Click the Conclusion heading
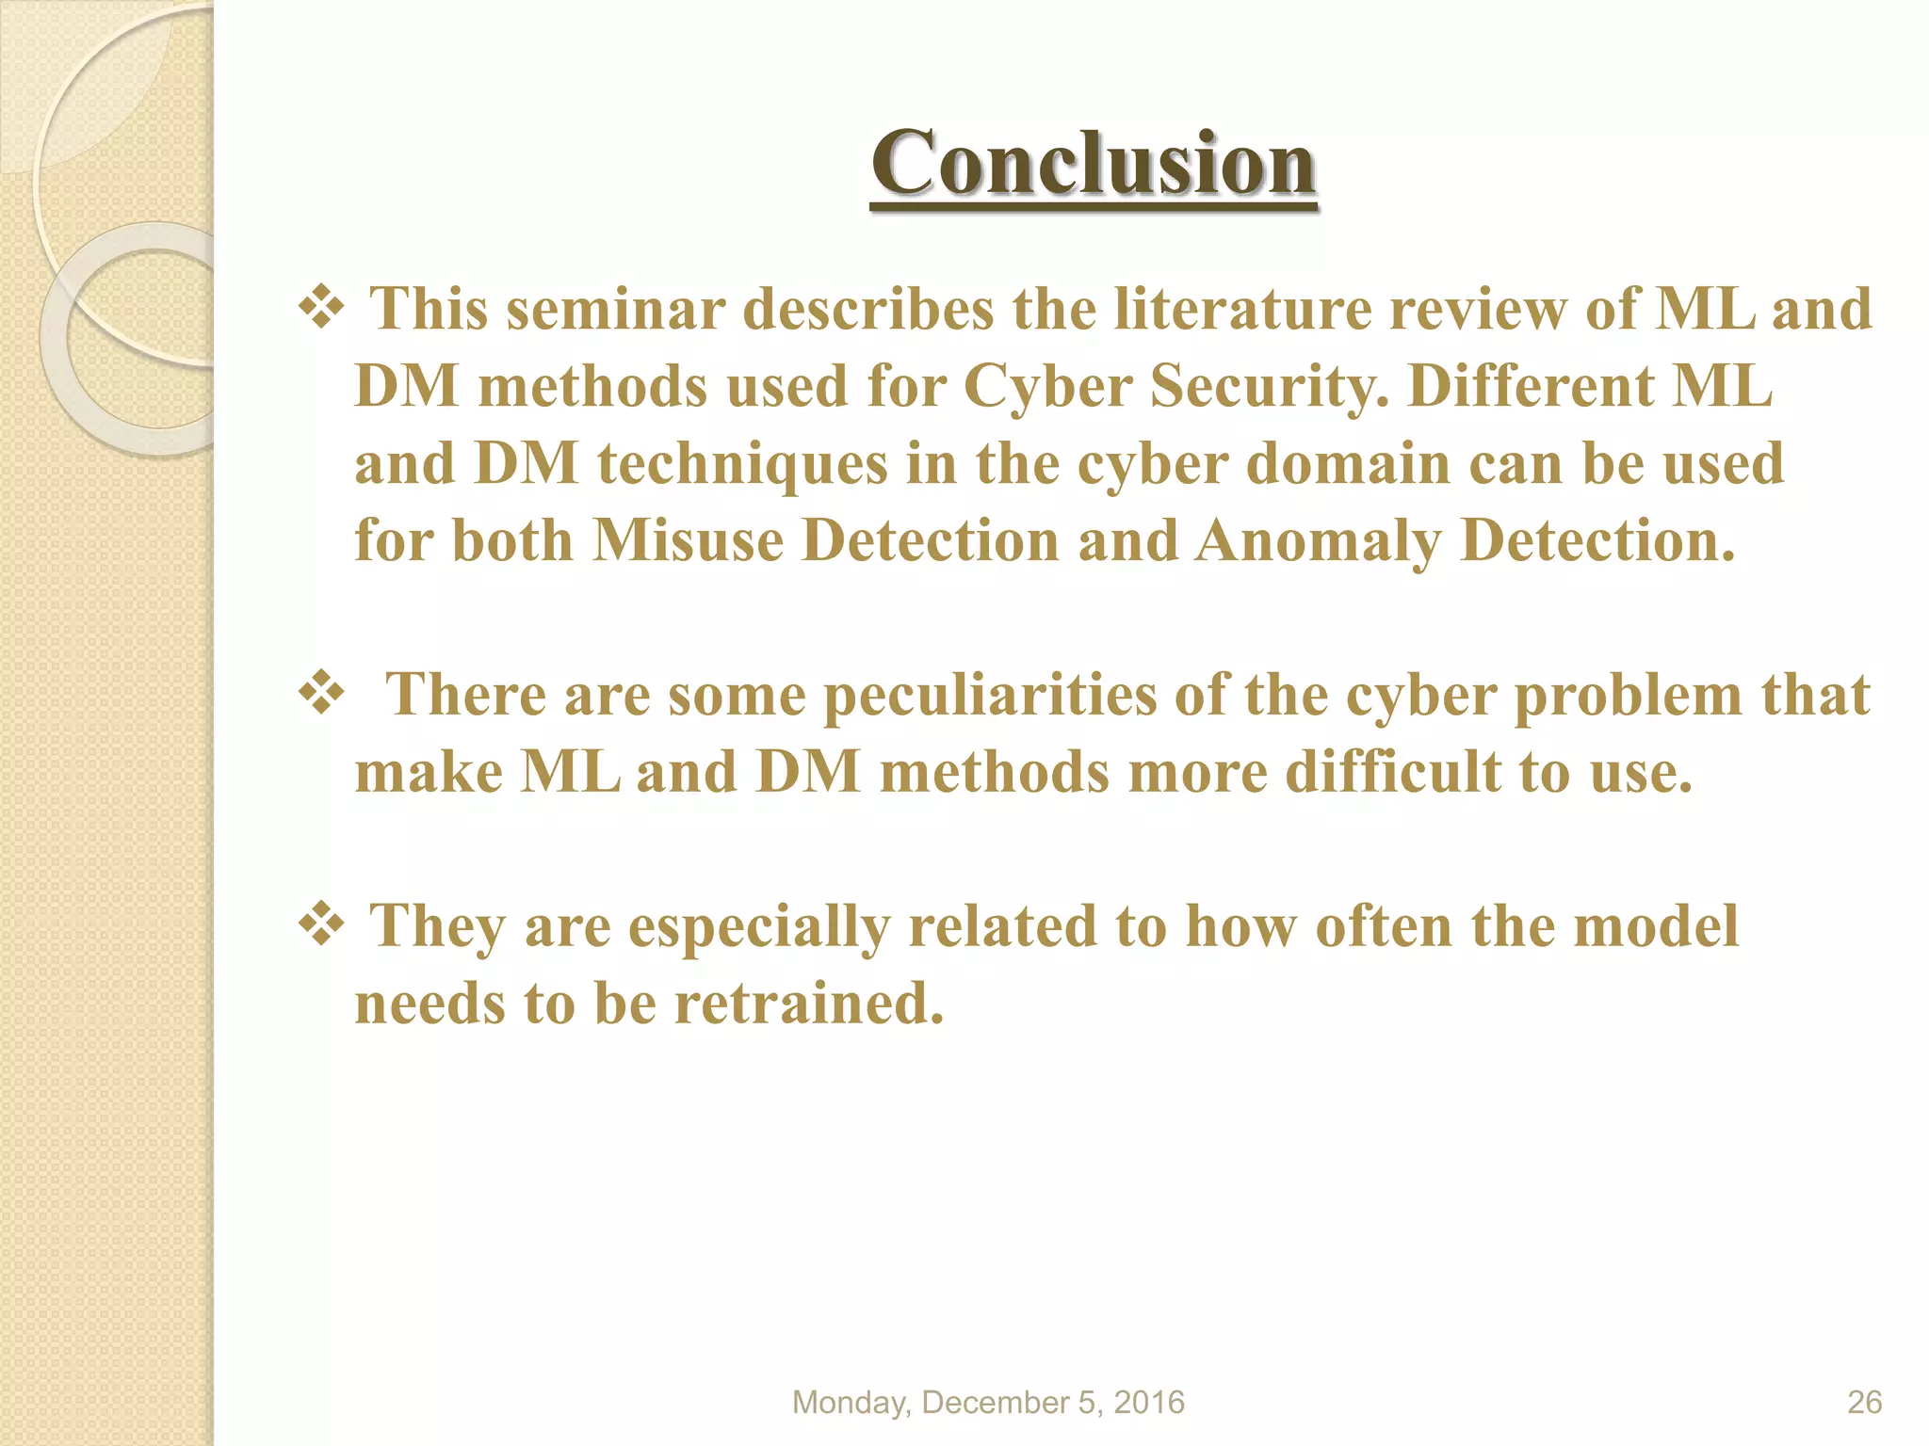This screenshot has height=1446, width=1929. point(1093,164)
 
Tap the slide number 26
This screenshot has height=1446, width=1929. point(1864,1402)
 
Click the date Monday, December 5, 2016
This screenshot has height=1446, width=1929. point(988,1402)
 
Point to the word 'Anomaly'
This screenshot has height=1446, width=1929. point(1318,543)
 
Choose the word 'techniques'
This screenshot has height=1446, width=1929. point(743,465)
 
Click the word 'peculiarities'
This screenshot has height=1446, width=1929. point(989,697)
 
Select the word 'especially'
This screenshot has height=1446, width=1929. point(758,928)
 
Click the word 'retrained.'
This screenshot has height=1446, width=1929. point(809,1004)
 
